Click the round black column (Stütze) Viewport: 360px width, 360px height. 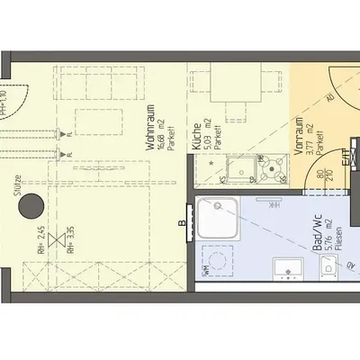(32, 204)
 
